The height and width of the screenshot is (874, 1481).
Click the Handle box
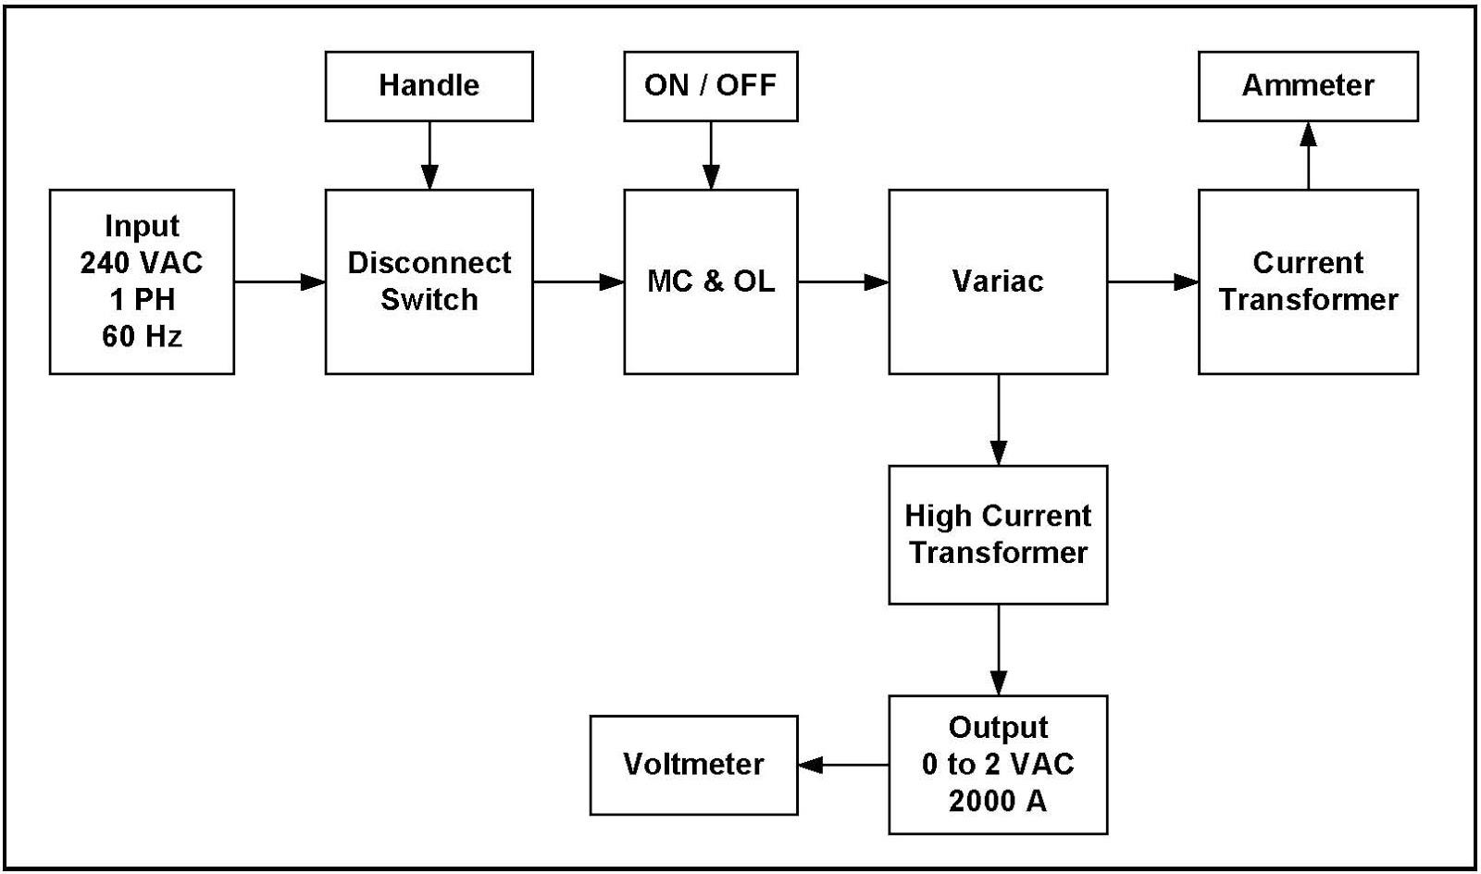click(x=429, y=86)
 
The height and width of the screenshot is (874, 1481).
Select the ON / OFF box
click(x=710, y=86)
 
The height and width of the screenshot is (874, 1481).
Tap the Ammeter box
click(x=1307, y=86)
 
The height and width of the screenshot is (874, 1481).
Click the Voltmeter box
click(x=693, y=765)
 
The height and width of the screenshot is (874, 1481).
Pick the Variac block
click(x=997, y=281)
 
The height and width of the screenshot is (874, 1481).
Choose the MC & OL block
click(x=710, y=281)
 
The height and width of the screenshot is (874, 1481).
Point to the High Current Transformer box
click(x=997, y=534)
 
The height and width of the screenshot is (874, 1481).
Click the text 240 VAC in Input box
click(x=141, y=263)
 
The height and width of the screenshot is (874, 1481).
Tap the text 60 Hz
click(x=141, y=336)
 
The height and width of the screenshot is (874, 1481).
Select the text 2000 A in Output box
click(x=997, y=801)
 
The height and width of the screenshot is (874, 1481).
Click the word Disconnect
click(x=429, y=263)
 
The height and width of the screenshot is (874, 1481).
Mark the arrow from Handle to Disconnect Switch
click(x=429, y=155)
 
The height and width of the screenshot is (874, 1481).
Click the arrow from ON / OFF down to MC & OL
click(x=711, y=155)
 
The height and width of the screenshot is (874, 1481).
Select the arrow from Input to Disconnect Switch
click(x=279, y=281)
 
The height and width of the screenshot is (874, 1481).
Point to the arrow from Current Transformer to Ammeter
click(x=1308, y=155)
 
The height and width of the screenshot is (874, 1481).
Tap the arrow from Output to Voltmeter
click(x=843, y=765)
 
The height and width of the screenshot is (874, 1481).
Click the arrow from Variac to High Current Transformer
click(x=998, y=419)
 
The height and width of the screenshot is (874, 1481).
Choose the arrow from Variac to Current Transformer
click(x=1152, y=281)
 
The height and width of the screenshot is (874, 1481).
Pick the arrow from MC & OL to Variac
click(x=843, y=281)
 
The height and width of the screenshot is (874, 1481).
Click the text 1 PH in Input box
click(x=141, y=300)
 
